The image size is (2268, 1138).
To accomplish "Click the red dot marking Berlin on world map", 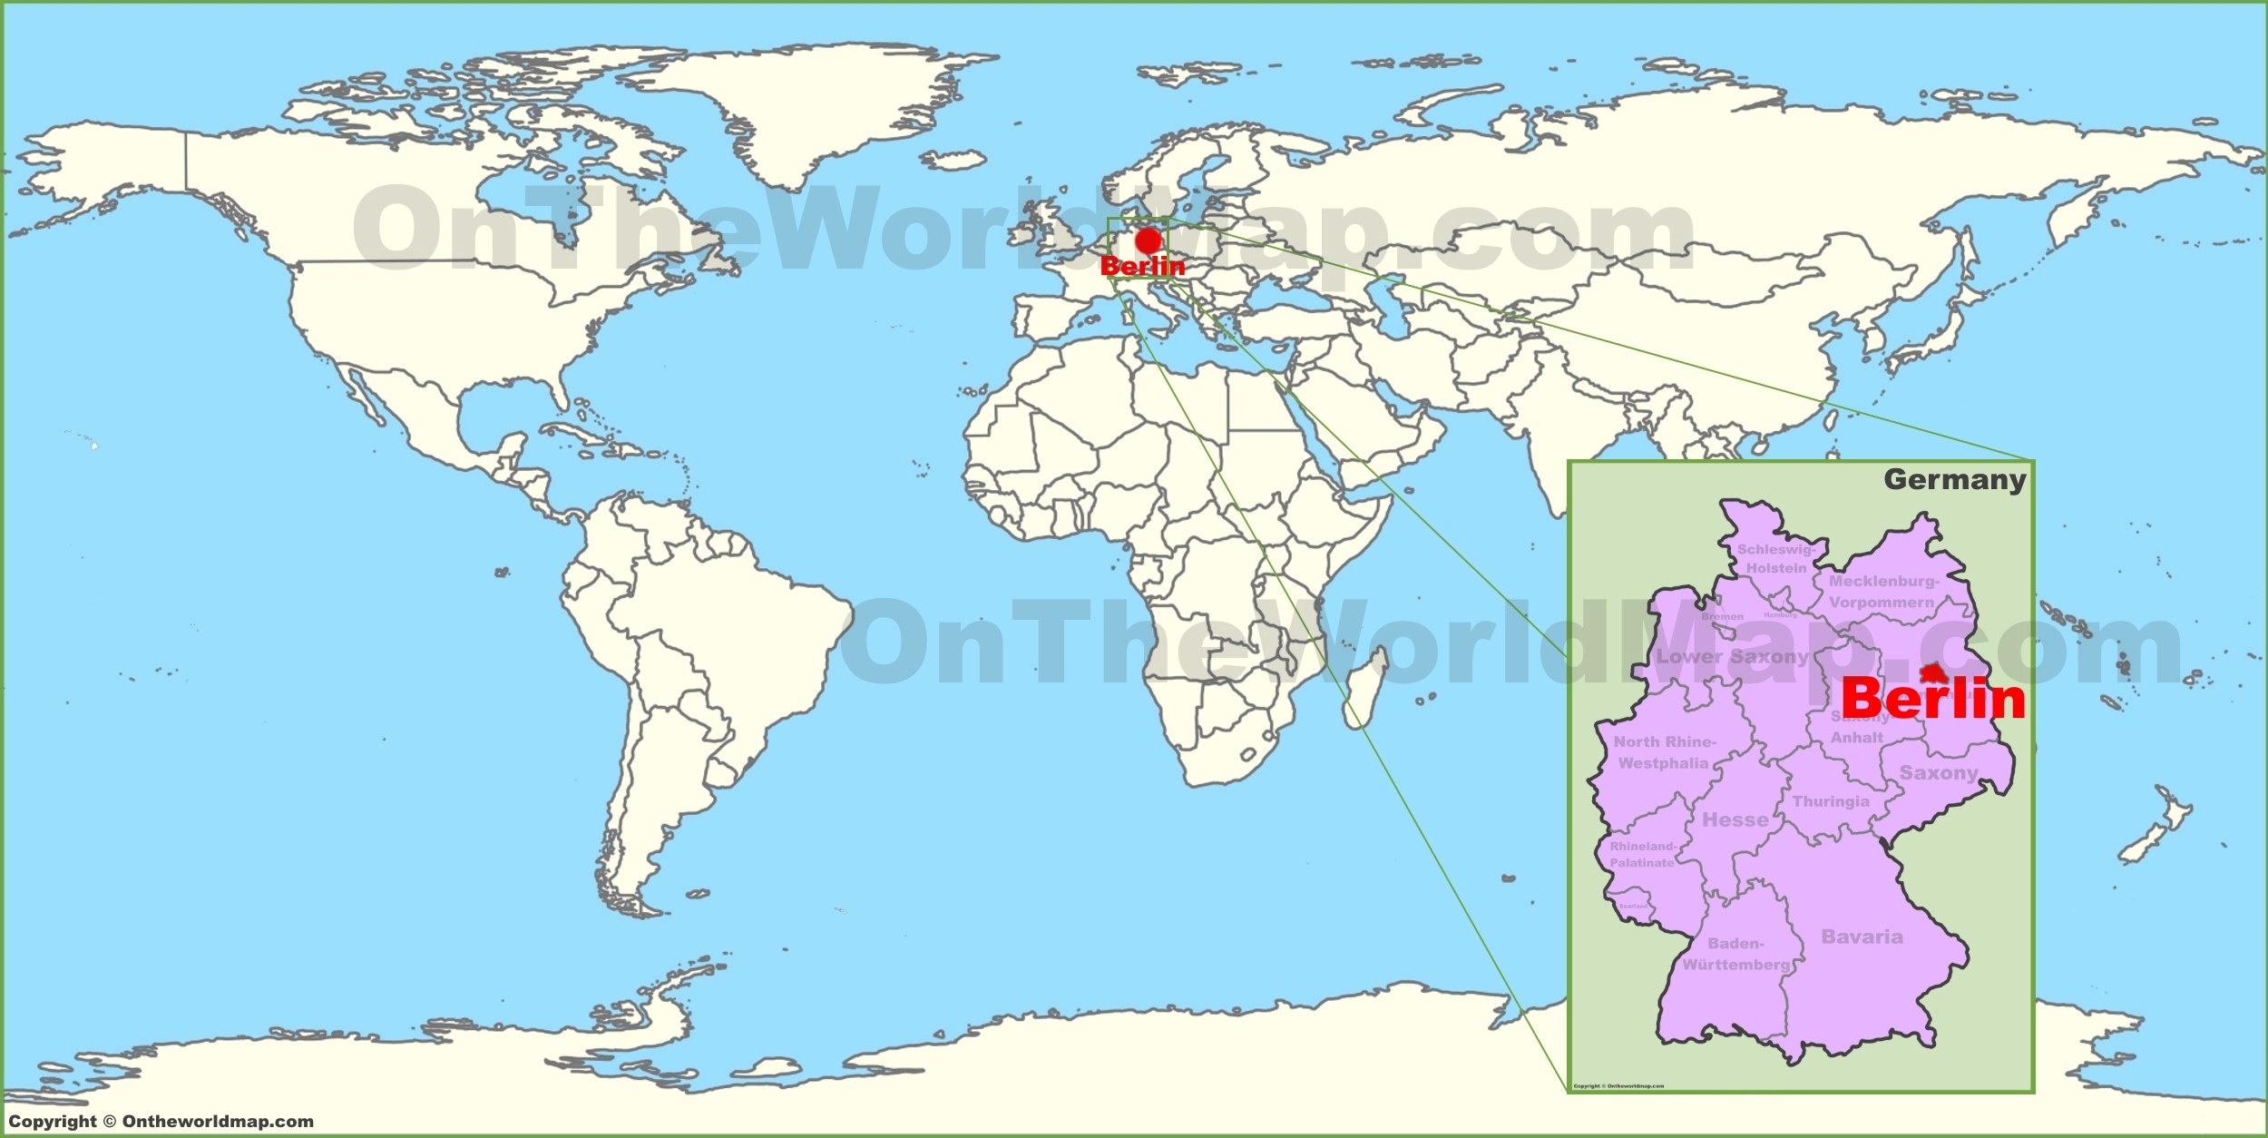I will pos(1149,240).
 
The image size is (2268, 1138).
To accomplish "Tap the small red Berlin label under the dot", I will pos(1142,266).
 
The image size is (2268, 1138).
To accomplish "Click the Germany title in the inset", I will pos(1954,479).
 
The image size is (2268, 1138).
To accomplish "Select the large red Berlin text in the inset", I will pos(1933,699).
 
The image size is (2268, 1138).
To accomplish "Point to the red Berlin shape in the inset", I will pos(1933,672).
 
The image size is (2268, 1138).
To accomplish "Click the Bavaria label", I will pos(1862,937).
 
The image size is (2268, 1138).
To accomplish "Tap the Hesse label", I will pos(1735,819).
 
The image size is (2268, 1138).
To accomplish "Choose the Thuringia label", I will pos(1830,801).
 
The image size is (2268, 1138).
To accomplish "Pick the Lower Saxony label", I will pos(1733,656).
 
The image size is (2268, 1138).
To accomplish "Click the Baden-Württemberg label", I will pos(1736,954).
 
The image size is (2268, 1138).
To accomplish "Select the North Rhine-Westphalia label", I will pos(1664,752).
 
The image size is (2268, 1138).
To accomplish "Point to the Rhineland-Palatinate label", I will pos(1642,854).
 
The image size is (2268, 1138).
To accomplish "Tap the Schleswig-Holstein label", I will pos(1776,558).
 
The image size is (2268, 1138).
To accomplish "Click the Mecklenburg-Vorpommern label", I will pos(1882,591).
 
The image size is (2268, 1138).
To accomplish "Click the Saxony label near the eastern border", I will pos(1939,773).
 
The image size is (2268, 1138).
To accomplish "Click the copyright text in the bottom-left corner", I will pos(161,1121).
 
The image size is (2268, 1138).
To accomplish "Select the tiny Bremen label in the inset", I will pos(1722,616).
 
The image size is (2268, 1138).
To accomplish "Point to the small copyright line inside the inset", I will pos(1618,1085).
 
